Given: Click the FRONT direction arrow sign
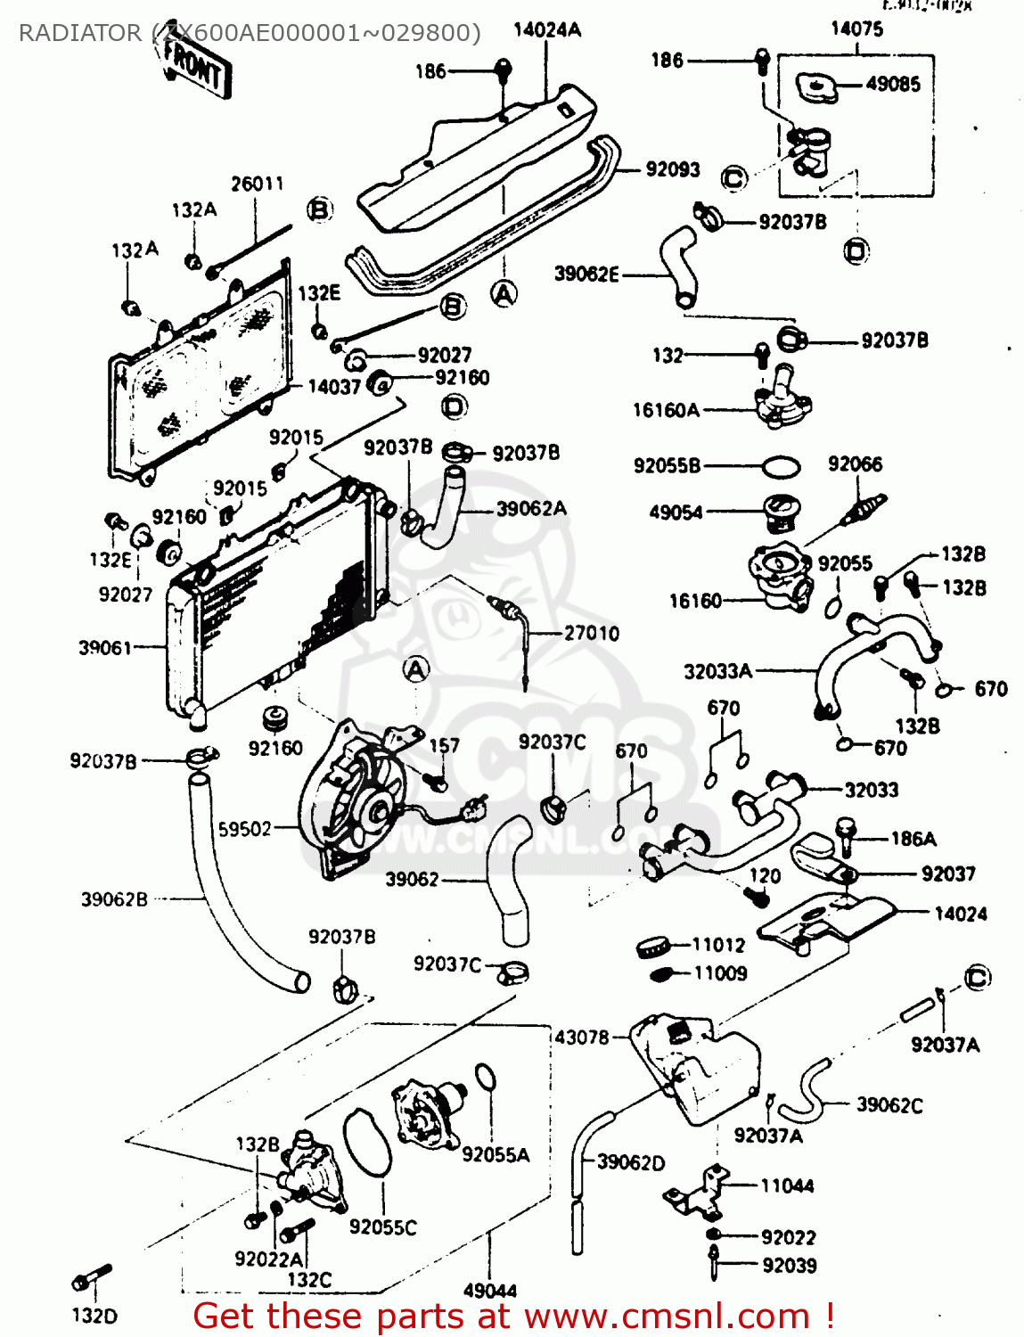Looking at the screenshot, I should [195, 66].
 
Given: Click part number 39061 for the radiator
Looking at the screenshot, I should [105, 648].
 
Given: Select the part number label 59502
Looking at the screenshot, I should [244, 829].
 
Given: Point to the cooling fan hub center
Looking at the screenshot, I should [378, 809].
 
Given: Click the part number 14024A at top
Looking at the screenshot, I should [547, 29].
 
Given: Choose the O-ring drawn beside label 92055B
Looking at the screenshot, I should [781, 466].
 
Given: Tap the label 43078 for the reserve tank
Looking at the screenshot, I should [582, 1037].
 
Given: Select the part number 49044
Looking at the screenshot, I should [490, 1290].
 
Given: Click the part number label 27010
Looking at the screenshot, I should [591, 633].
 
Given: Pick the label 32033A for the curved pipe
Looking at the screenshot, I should [717, 671].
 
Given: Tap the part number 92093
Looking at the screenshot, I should [673, 169].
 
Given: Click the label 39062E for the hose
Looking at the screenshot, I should [586, 274].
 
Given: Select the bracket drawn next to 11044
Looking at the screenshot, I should [698, 1193].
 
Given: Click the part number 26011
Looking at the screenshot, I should [257, 184].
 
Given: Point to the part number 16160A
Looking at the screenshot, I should [666, 410].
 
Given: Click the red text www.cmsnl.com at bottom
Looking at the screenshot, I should [667, 1316].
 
